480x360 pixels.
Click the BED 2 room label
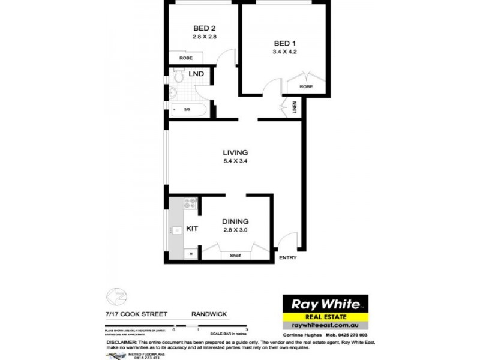click(x=204, y=28)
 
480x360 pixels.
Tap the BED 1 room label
click(x=285, y=43)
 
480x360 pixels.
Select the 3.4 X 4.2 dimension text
click(x=285, y=52)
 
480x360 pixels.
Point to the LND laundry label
click(x=196, y=74)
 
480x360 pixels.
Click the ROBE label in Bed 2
click(x=185, y=59)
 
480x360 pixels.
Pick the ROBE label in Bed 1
click(x=306, y=87)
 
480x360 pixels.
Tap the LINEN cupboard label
click(x=295, y=108)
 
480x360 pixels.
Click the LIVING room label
click(x=235, y=152)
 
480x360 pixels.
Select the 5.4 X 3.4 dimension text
click(x=235, y=161)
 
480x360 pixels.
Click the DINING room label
click(x=235, y=221)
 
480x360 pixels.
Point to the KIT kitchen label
click(x=192, y=229)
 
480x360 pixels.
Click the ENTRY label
click(x=287, y=258)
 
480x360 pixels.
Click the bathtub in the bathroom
click(x=188, y=109)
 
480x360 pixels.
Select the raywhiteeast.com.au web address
click(x=325, y=325)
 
